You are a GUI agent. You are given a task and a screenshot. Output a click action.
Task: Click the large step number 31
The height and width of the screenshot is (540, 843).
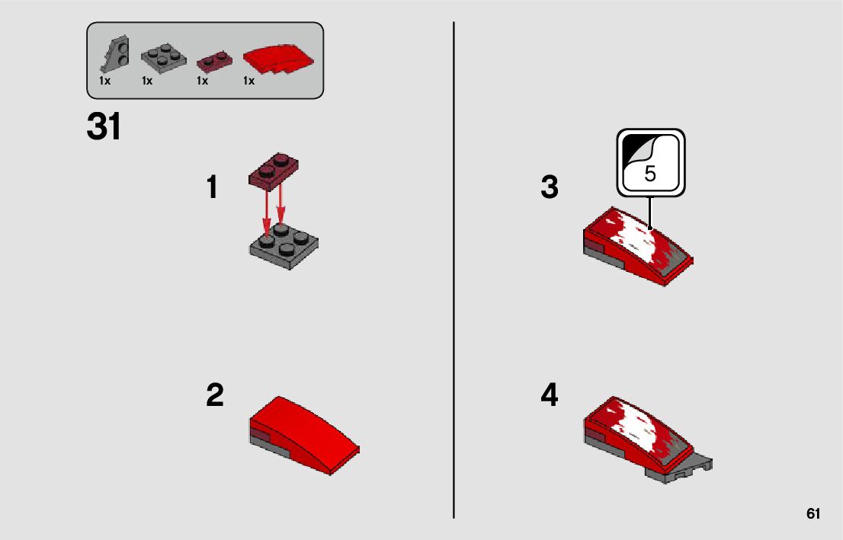point(104,126)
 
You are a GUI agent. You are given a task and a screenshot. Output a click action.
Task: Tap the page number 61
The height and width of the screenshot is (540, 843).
point(813,513)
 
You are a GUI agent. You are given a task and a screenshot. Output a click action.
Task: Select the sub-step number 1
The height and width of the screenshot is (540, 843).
point(213,187)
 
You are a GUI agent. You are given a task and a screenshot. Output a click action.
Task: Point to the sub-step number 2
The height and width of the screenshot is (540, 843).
point(215,395)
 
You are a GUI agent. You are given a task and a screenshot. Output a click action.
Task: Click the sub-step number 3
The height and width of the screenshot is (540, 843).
point(550,187)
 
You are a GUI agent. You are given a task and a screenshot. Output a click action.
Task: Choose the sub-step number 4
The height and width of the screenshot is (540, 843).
point(550,395)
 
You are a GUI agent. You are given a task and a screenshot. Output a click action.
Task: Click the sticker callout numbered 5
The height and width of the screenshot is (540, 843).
point(650,162)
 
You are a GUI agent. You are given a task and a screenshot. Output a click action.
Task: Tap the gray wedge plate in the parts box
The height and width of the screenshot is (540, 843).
point(116,54)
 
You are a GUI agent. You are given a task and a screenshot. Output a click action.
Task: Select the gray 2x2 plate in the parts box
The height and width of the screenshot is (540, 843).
point(164,58)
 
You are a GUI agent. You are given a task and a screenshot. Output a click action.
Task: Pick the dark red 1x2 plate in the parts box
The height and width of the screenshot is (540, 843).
point(214,61)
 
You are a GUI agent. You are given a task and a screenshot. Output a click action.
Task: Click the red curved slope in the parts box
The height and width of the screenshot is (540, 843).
point(278,59)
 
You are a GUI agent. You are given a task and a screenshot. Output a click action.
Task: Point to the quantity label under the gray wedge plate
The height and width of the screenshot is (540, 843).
point(105,81)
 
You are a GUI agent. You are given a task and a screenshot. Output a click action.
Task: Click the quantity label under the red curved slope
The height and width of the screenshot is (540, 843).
point(249,81)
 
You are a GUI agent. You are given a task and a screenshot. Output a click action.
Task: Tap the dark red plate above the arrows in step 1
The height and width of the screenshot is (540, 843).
point(274,171)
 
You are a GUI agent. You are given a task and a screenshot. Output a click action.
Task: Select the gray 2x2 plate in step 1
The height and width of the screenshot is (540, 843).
point(284,247)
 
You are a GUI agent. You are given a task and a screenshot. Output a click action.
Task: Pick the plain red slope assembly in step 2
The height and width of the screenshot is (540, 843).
point(304,436)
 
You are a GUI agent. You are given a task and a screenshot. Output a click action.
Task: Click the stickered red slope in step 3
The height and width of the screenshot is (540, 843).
point(638,247)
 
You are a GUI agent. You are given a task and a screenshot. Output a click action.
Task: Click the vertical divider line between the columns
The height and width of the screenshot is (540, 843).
point(454,270)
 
